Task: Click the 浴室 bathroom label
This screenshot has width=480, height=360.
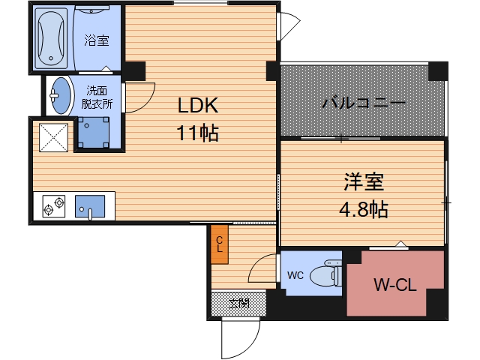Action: (95, 39)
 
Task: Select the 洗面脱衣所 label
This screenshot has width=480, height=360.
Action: (97, 98)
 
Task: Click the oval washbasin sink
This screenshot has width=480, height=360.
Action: (61, 96)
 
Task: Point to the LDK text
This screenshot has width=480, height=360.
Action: (197, 106)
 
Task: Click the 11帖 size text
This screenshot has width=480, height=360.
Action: (197, 133)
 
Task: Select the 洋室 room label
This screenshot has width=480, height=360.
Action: (364, 181)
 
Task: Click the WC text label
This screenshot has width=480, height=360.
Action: (295, 275)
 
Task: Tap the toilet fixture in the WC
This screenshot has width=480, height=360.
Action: (327, 274)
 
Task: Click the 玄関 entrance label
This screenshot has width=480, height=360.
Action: (238, 304)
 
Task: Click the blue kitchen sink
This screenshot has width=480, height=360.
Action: (91, 205)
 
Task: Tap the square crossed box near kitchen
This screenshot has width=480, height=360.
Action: (54, 136)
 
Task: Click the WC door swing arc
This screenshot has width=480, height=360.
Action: (262, 268)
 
